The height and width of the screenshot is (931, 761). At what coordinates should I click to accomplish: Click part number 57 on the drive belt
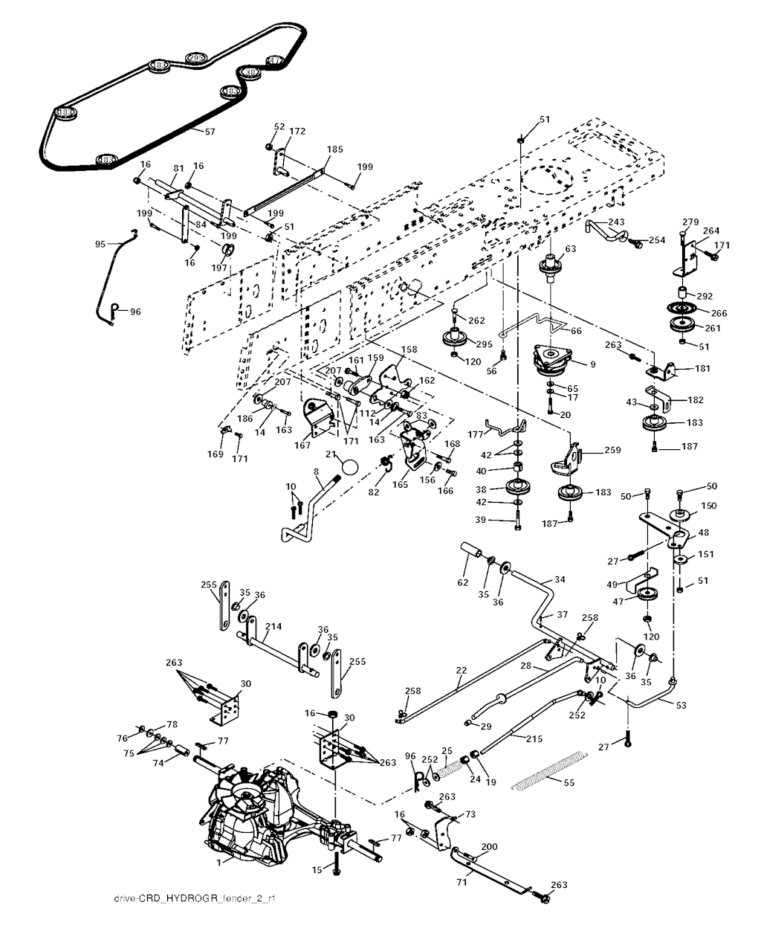pyautogui.click(x=189, y=132)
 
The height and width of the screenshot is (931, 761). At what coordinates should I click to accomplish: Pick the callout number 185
pyautogui.click(x=334, y=149)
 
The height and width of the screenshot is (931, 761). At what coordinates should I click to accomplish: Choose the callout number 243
pyautogui.click(x=616, y=222)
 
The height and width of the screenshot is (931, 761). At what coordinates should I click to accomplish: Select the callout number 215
pyautogui.click(x=533, y=739)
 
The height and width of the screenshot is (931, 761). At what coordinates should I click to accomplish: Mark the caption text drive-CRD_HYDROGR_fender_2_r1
pyautogui.click(x=195, y=921)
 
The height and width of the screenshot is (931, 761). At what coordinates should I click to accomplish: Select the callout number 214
pyautogui.click(x=273, y=627)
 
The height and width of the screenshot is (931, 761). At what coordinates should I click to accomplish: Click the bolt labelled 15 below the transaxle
pyautogui.click(x=337, y=868)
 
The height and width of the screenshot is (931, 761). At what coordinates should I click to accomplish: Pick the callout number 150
pyautogui.click(x=708, y=506)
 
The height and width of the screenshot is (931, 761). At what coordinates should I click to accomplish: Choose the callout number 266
pyautogui.click(x=719, y=313)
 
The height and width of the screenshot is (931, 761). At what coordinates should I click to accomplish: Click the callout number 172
pyautogui.click(x=297, y=131)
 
